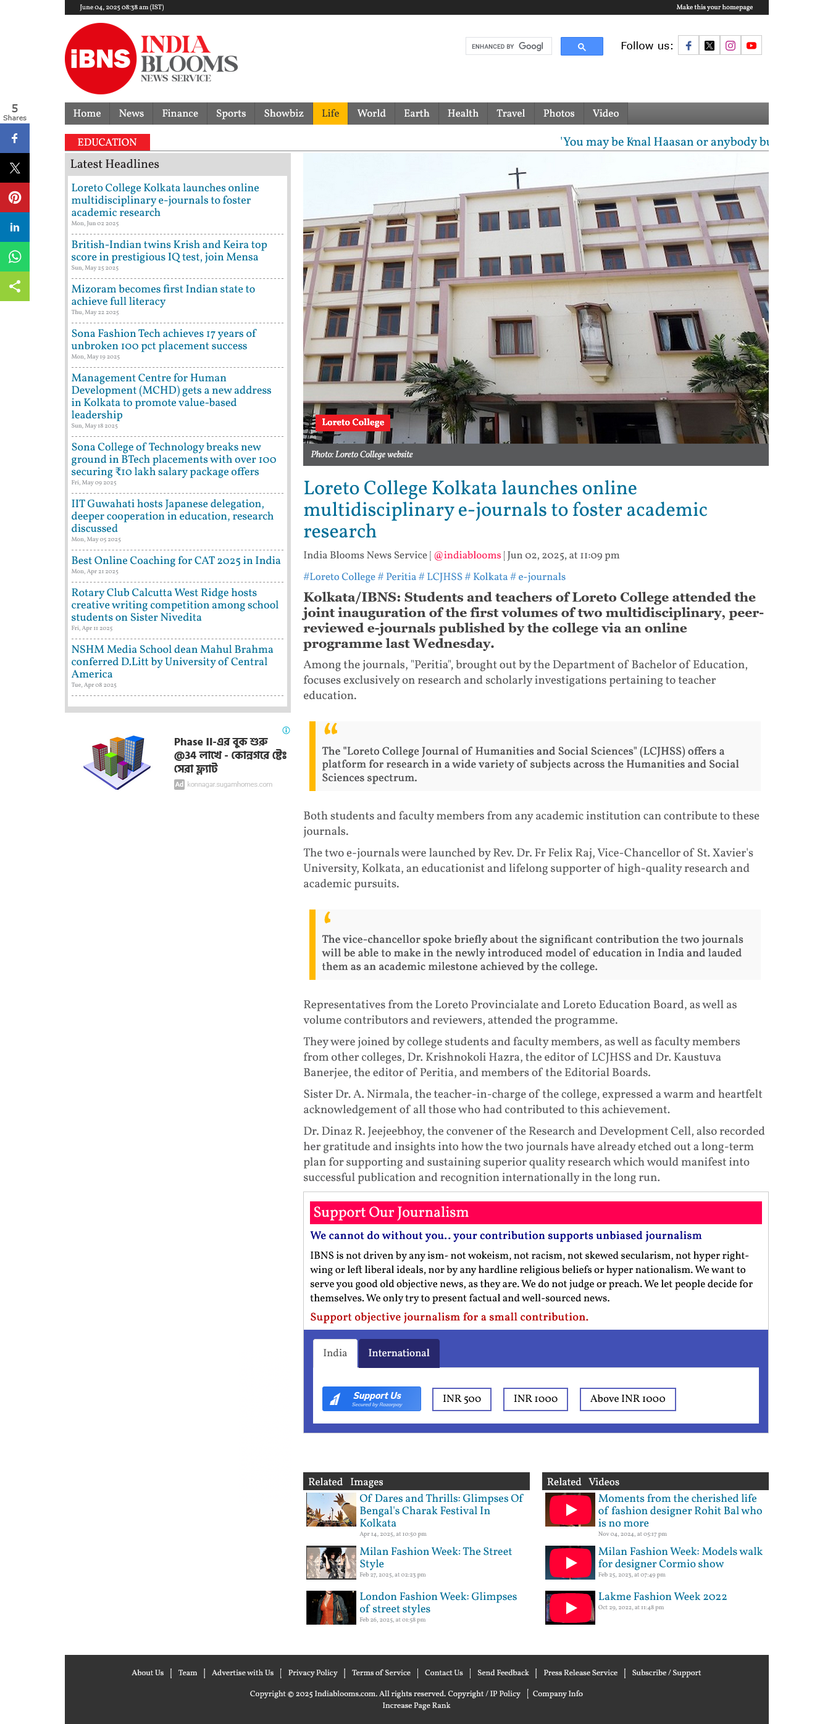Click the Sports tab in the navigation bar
[x=230, y=114]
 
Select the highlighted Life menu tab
[x=330, y=114]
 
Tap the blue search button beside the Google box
[x=581, y=46]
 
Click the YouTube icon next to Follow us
[x=751, y=46]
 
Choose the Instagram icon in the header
[x=730, y=46]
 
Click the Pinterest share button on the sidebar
[x=15, y=197]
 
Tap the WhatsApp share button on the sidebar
[x=15, y=257]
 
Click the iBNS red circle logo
[x=101, y=59]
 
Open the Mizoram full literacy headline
[x=163, y=295]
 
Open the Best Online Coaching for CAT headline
[x=175, y=560]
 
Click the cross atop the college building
[x=517, y=177]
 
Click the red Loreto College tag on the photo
[x=353, y=422]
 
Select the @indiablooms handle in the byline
[x=467, y=555]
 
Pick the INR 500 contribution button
[x=461, y=1399]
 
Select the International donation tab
[x=398, y=1353]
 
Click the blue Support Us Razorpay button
[x=372, y=1399]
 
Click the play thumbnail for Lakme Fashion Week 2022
[x=570, y=1607]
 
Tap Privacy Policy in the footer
[x=312, y=1672]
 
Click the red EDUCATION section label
[x=107, y=142]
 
